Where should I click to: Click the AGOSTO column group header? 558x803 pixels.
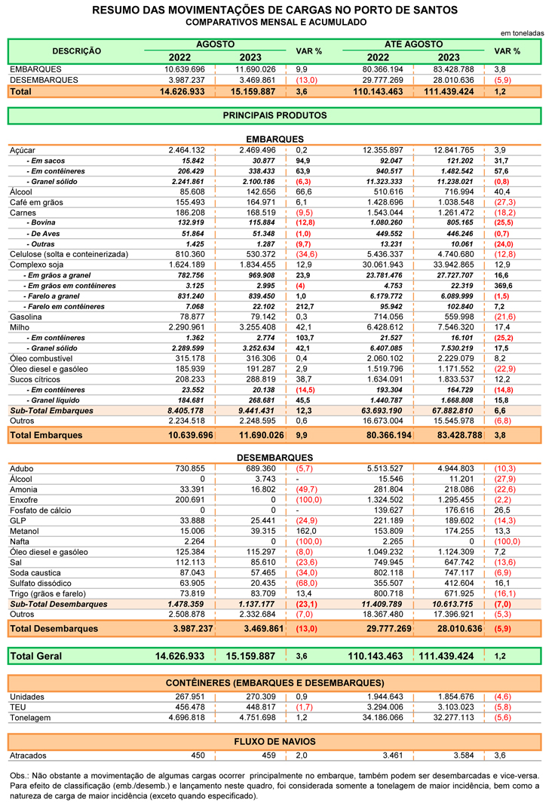pos(215,44)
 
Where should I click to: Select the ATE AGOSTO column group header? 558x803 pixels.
pos(414,44)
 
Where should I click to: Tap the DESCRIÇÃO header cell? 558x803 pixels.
pos(77,51)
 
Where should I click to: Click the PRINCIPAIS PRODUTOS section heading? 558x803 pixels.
pos(275,116)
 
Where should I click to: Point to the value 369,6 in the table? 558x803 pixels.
pos(503,286)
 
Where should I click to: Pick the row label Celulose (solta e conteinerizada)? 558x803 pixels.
pos(69,255)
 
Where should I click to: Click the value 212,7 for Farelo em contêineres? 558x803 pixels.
pos(305,307)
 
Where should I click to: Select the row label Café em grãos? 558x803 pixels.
pos(36,202)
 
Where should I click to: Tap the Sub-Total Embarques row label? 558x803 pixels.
pos(52,411)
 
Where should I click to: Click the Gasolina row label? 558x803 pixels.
pos(26,317)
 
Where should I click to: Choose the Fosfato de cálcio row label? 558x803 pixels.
pos(41,510)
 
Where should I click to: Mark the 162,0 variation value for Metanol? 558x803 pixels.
pos(306,531)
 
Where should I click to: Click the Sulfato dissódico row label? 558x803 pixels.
pos(41,584)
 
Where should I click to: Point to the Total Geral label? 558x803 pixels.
pos(36,656)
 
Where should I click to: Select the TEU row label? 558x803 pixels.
pos(17,707)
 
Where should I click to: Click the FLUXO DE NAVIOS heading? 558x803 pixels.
pos(275,741)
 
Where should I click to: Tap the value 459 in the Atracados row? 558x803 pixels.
pos(268,755)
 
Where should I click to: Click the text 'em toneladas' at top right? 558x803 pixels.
pos(522,33)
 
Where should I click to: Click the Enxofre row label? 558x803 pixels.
pos(23,501)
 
